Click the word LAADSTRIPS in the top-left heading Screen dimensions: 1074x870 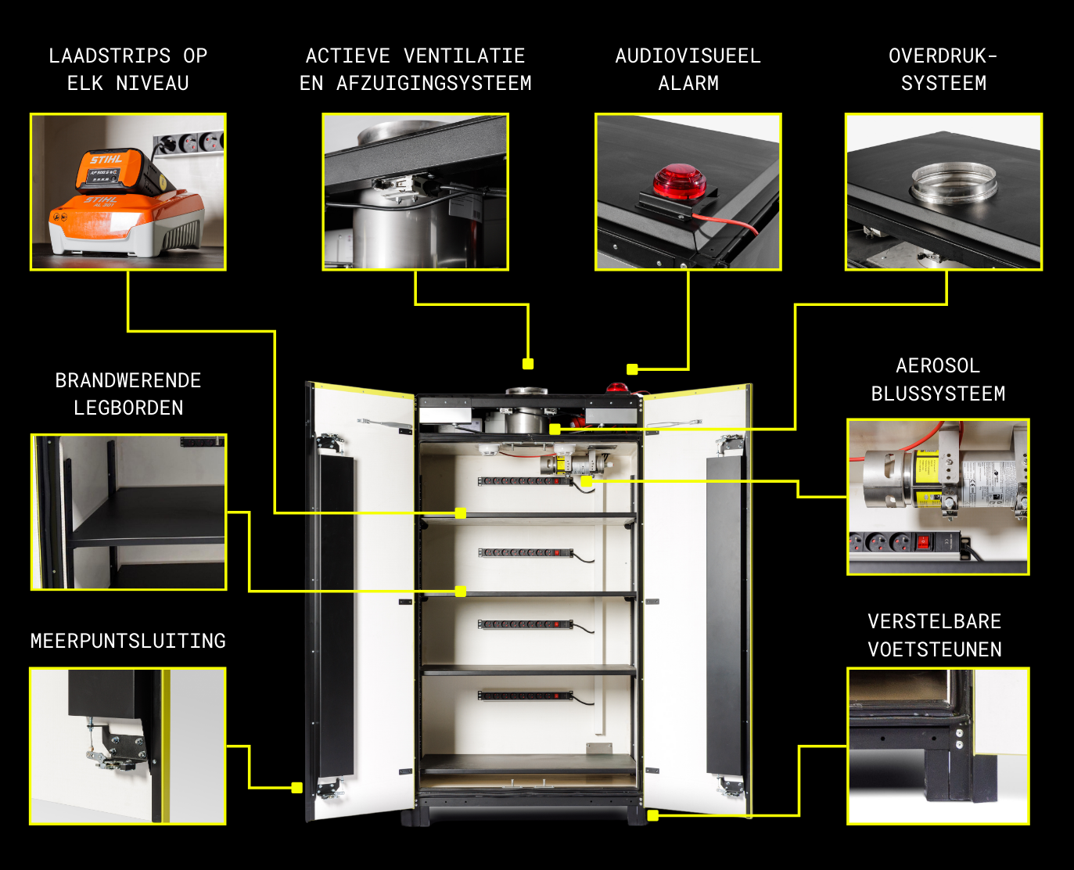110,56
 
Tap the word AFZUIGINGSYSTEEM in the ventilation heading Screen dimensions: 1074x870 433,83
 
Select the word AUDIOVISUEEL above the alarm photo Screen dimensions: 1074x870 688,56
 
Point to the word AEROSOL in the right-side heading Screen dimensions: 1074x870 938,365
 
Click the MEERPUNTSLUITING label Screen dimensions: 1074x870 128,641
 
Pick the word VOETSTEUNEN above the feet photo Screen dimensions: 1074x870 935,649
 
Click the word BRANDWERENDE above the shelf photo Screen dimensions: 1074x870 128,380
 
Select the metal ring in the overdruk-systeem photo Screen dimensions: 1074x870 954,182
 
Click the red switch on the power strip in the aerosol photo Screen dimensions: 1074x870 921,543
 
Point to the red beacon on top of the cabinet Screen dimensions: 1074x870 616,388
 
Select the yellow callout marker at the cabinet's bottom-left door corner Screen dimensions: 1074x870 297,788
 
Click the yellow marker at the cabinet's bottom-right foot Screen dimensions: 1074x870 653,815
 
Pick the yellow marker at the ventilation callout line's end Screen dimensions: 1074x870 528,364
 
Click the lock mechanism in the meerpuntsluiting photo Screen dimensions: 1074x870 115,746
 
